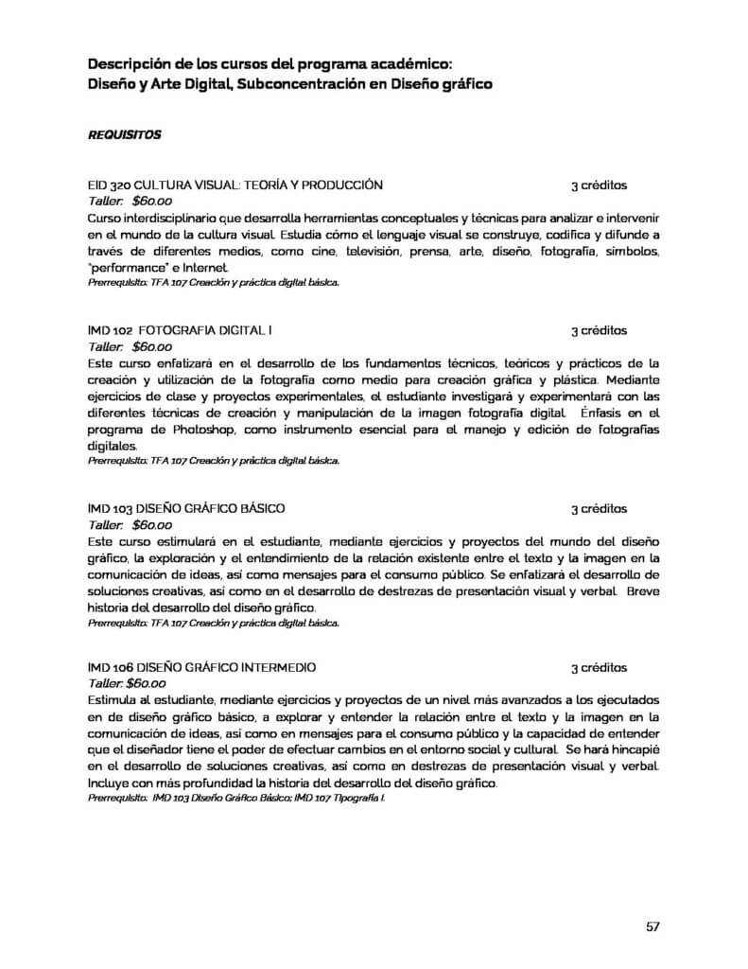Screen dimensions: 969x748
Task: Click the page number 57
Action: (x=652, y=925)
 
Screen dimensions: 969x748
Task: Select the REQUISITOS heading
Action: (x=124, y=134)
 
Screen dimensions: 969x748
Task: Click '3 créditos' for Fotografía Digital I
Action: (x=599, y=331)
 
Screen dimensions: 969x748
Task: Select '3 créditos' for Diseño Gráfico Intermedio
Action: (x=599, y=667)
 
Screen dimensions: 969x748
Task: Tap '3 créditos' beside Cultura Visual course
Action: (x=599, y=185)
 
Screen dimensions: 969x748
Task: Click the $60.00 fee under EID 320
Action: (x=151, y=201)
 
